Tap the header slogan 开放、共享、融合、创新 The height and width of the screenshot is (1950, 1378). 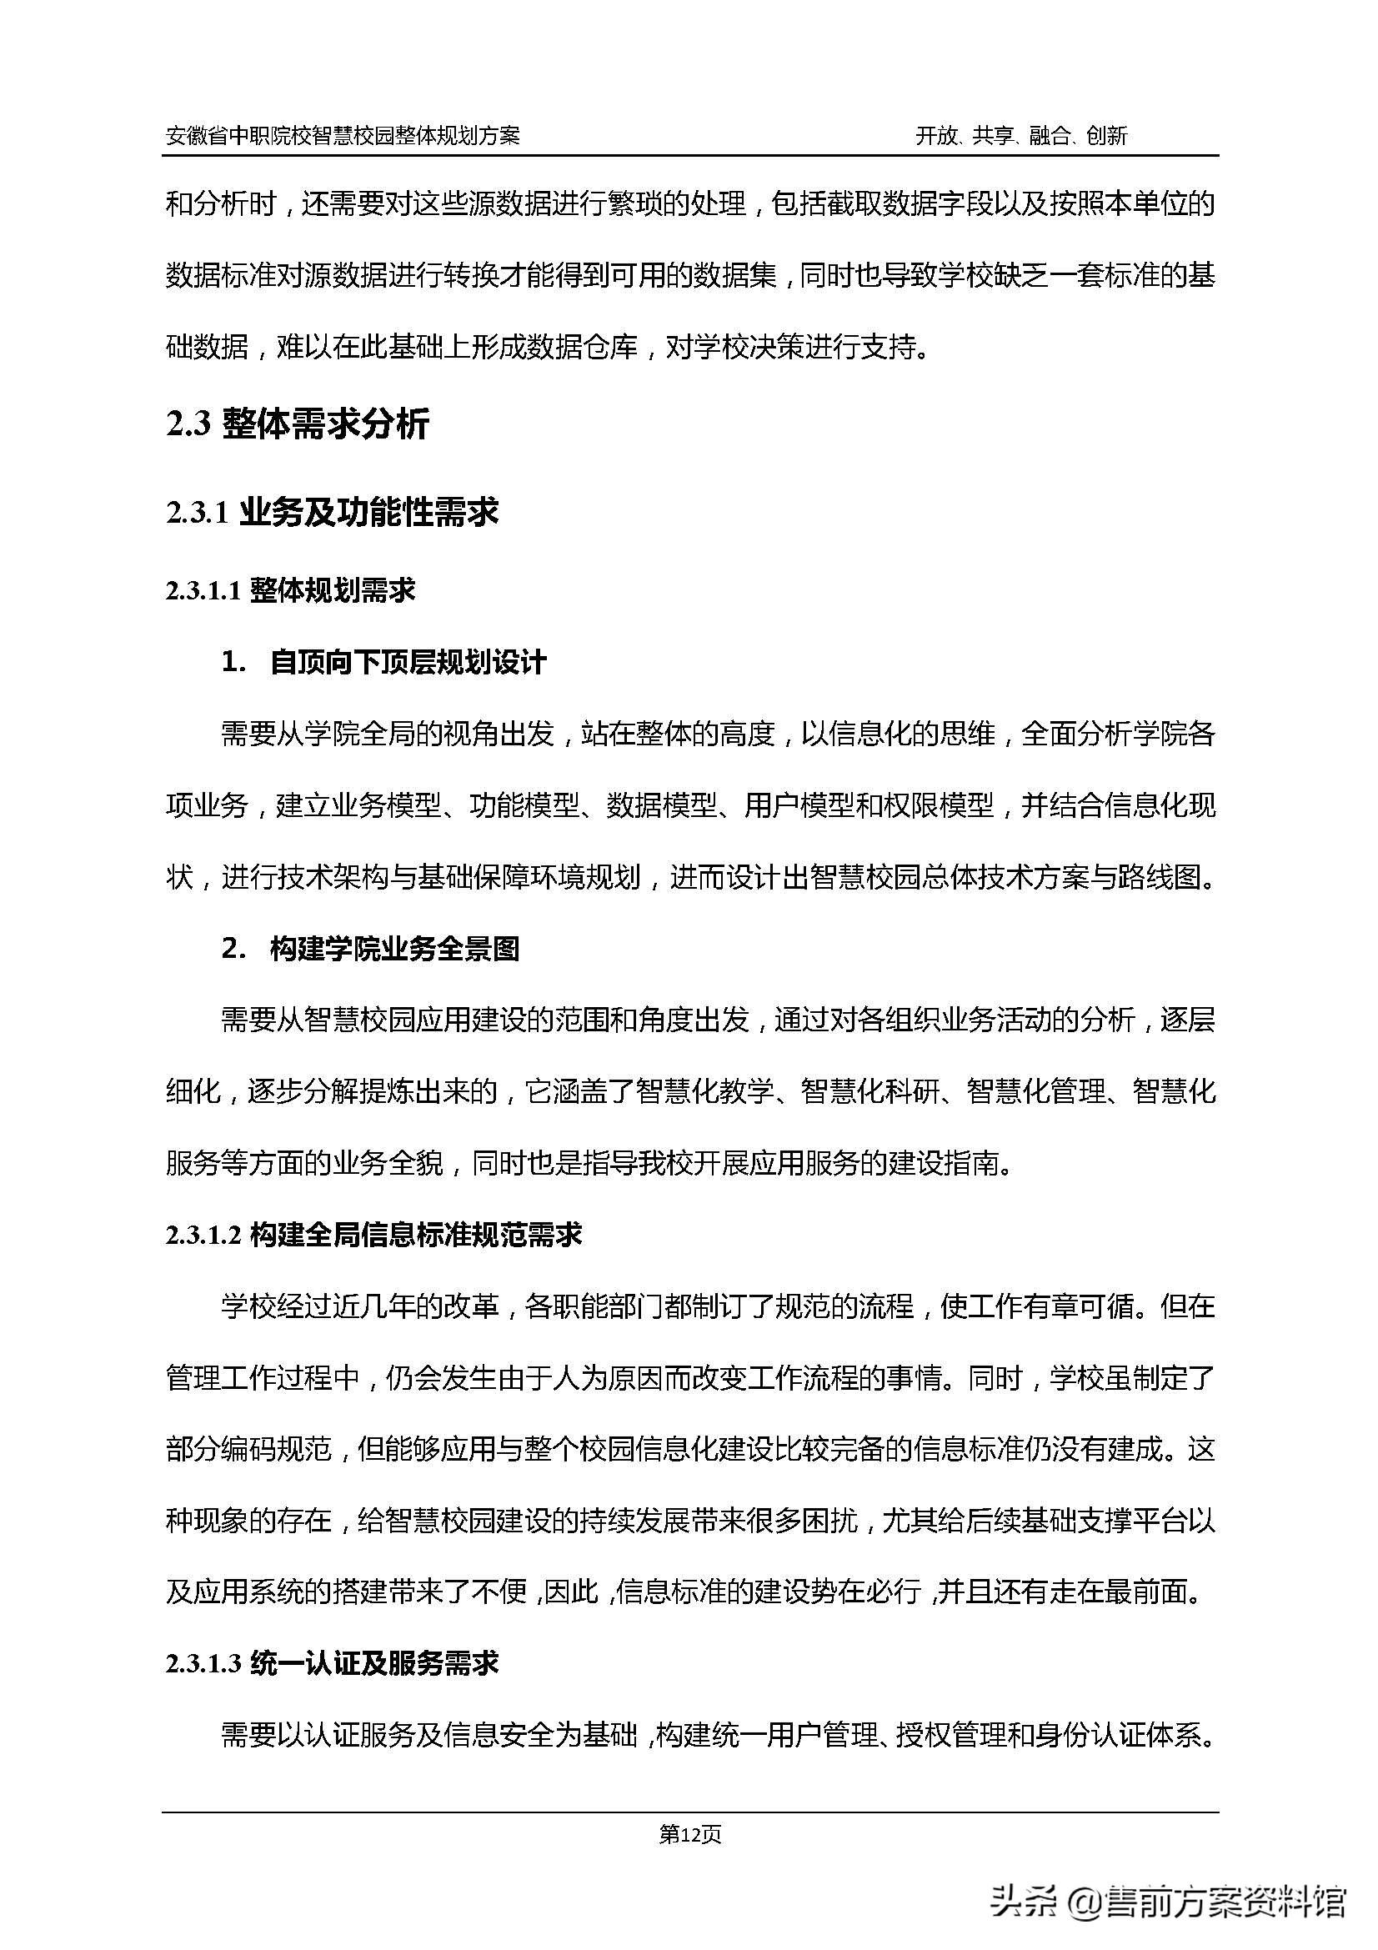1020,136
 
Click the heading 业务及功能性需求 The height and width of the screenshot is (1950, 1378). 368,513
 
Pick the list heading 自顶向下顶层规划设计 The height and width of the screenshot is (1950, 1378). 408,663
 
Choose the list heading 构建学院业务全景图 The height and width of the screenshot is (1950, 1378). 395,949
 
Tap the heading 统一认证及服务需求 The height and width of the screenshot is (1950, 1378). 373,1664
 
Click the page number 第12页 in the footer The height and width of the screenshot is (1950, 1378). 690,1835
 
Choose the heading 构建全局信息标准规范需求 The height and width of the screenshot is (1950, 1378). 416,1236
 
